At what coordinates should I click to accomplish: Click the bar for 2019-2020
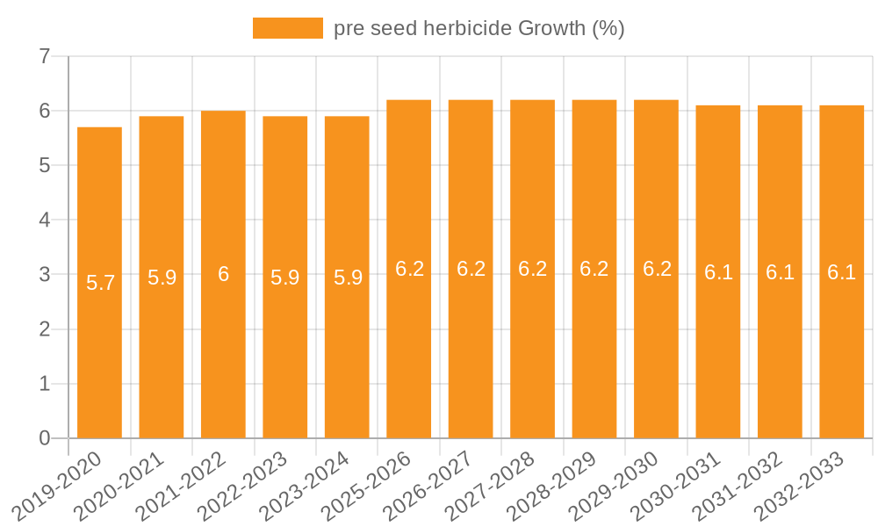tap(99, 351)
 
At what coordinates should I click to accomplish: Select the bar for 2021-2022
tap(223, 351)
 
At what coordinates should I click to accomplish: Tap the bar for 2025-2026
tap(409, 351)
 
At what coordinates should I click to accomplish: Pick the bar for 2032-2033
tap(842, 351)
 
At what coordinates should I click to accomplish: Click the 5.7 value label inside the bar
tap(100, 283)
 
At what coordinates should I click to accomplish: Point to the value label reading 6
tap(223, 274)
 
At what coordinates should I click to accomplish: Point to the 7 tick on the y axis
tap(45, 57)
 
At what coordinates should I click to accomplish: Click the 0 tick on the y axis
tap(45, 438)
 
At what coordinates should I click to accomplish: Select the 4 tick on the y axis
tap(45, 220)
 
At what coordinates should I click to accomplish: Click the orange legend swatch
tap(287, 28)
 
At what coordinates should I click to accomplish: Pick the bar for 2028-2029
tap(594, 351)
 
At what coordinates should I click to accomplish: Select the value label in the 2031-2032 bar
tap(780, 272)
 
